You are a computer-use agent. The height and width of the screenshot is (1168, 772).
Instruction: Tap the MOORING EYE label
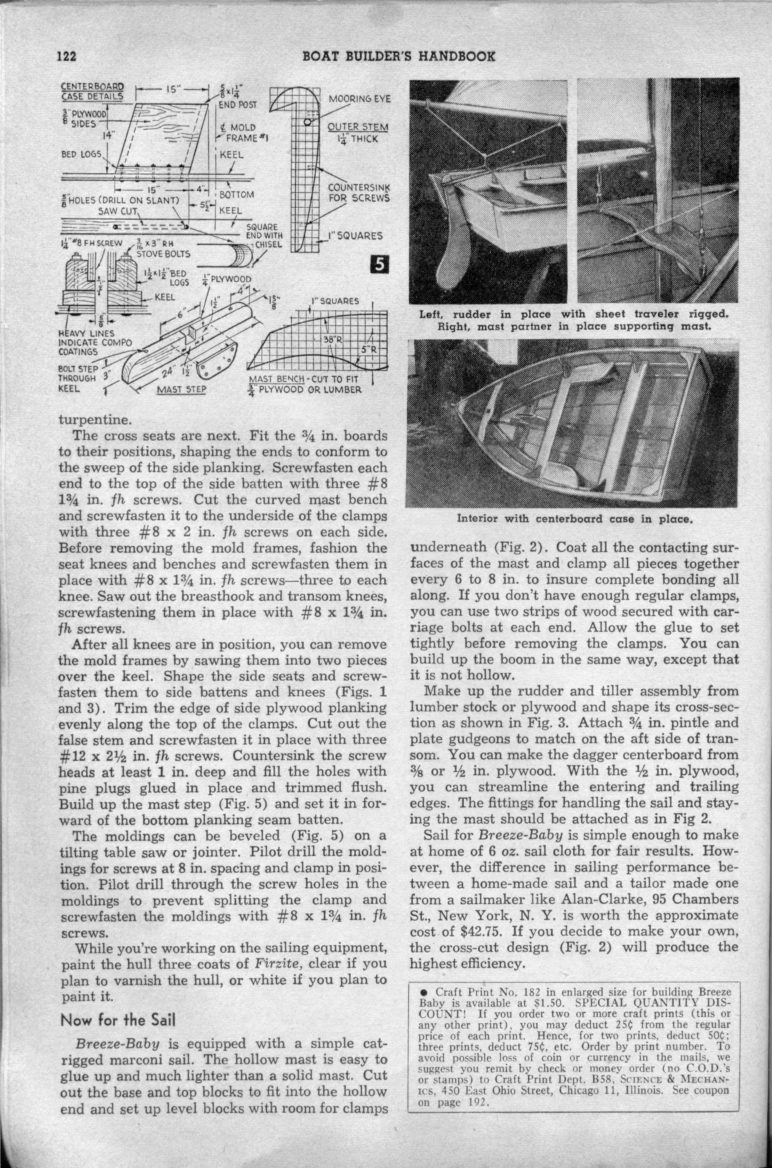[x=359, y=99]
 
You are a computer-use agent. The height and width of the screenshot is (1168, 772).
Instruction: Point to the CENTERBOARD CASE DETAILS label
[x=92, y=91]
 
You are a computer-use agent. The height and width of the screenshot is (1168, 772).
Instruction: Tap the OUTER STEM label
[x=358, y=128]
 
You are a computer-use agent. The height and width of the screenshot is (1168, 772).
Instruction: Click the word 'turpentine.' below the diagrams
[x=88, y=420]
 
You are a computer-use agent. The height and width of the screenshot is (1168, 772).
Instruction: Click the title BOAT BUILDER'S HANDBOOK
[x=399, y=56]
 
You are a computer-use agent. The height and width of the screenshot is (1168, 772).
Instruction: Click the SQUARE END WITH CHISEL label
[x=264, y=236]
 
